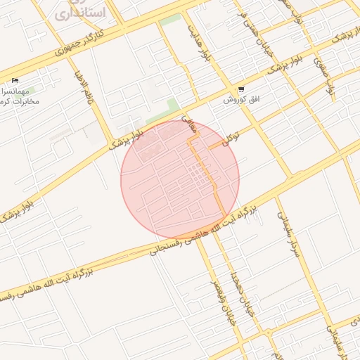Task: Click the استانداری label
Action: (79, 12)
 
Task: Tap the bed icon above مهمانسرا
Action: (15, 82)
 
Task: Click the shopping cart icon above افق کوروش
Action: (241, 90)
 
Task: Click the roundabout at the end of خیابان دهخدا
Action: (268, 331)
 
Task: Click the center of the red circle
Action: (180, 180)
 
